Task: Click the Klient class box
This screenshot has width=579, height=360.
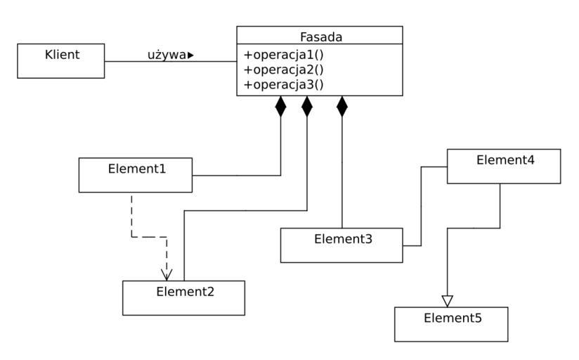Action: coord(61,60)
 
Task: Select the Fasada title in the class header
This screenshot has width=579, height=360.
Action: coord(319,36)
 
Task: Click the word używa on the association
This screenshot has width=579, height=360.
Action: coord(167,55)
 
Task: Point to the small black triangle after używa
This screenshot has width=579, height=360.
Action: coord(190,55)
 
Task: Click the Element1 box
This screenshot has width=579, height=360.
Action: coord(135,175)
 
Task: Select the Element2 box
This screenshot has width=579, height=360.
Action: coord(183,298)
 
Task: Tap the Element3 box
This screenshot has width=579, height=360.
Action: coord(341,245)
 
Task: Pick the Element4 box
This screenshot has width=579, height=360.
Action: coord(504,167)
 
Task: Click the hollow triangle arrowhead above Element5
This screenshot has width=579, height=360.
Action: coord(448,300)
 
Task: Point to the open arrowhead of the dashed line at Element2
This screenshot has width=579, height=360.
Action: coord(167,274)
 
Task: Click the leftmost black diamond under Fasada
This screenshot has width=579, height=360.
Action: coord(281,106)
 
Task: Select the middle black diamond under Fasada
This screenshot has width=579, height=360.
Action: coord(307,106)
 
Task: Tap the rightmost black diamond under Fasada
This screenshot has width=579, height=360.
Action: coord(342,106)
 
